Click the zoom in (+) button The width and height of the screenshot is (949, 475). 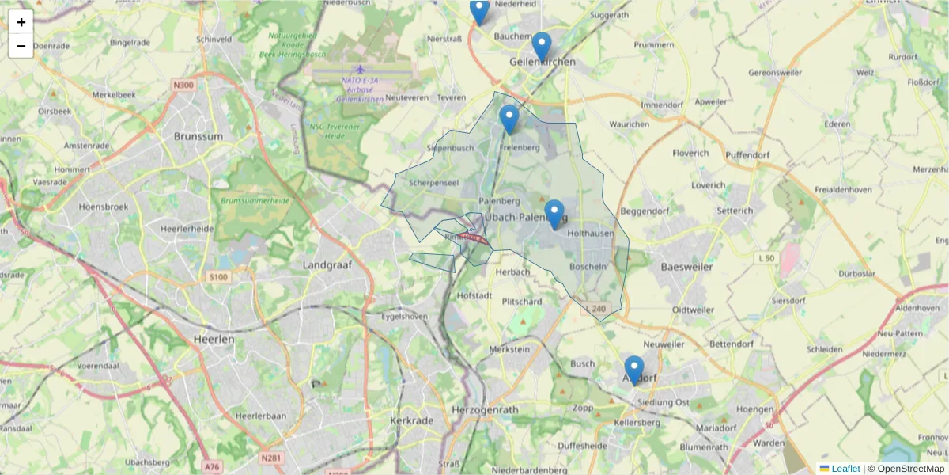(x=21, y=22)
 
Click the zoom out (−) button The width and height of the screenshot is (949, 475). (x=21, y=46)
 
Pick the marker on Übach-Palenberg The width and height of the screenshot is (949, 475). (x=554, y=215)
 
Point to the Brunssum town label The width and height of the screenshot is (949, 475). (x=198, y=136)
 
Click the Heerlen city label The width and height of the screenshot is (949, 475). (x=214, y=339)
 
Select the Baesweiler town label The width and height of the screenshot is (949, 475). (x=686, y=267)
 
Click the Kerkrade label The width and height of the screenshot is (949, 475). (x=410, y=420)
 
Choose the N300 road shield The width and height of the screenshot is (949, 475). (x=183, y=85)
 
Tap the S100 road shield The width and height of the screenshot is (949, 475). (x=218, y=277)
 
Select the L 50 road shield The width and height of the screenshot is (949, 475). (x=766, y=258)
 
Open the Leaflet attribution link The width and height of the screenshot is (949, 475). (x=845, y=469)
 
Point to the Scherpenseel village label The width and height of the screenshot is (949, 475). (x=434, y=182)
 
